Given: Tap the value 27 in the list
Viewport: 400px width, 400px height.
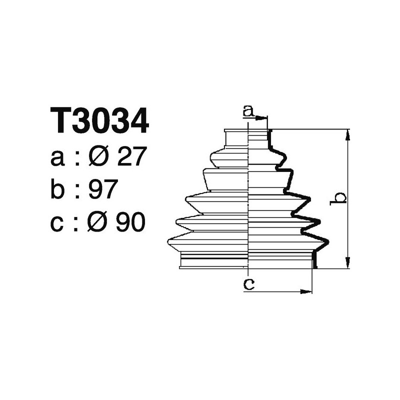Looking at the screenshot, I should click(x=130, y=157).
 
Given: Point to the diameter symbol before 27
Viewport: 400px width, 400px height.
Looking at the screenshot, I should click(x=99, y=157).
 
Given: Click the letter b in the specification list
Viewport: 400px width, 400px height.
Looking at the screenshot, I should click(x=58, y=189).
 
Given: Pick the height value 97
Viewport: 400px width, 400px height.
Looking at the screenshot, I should click(x=102, y=189).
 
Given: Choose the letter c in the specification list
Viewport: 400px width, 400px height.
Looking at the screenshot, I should click(x=57, y=223).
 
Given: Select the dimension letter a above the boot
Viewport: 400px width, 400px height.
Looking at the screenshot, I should click(x=248, y=110).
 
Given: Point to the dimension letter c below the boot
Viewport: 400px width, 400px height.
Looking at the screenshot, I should click(x=248, y=284).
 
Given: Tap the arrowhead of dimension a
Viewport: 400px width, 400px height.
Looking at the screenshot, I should click(x=263, y=118).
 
